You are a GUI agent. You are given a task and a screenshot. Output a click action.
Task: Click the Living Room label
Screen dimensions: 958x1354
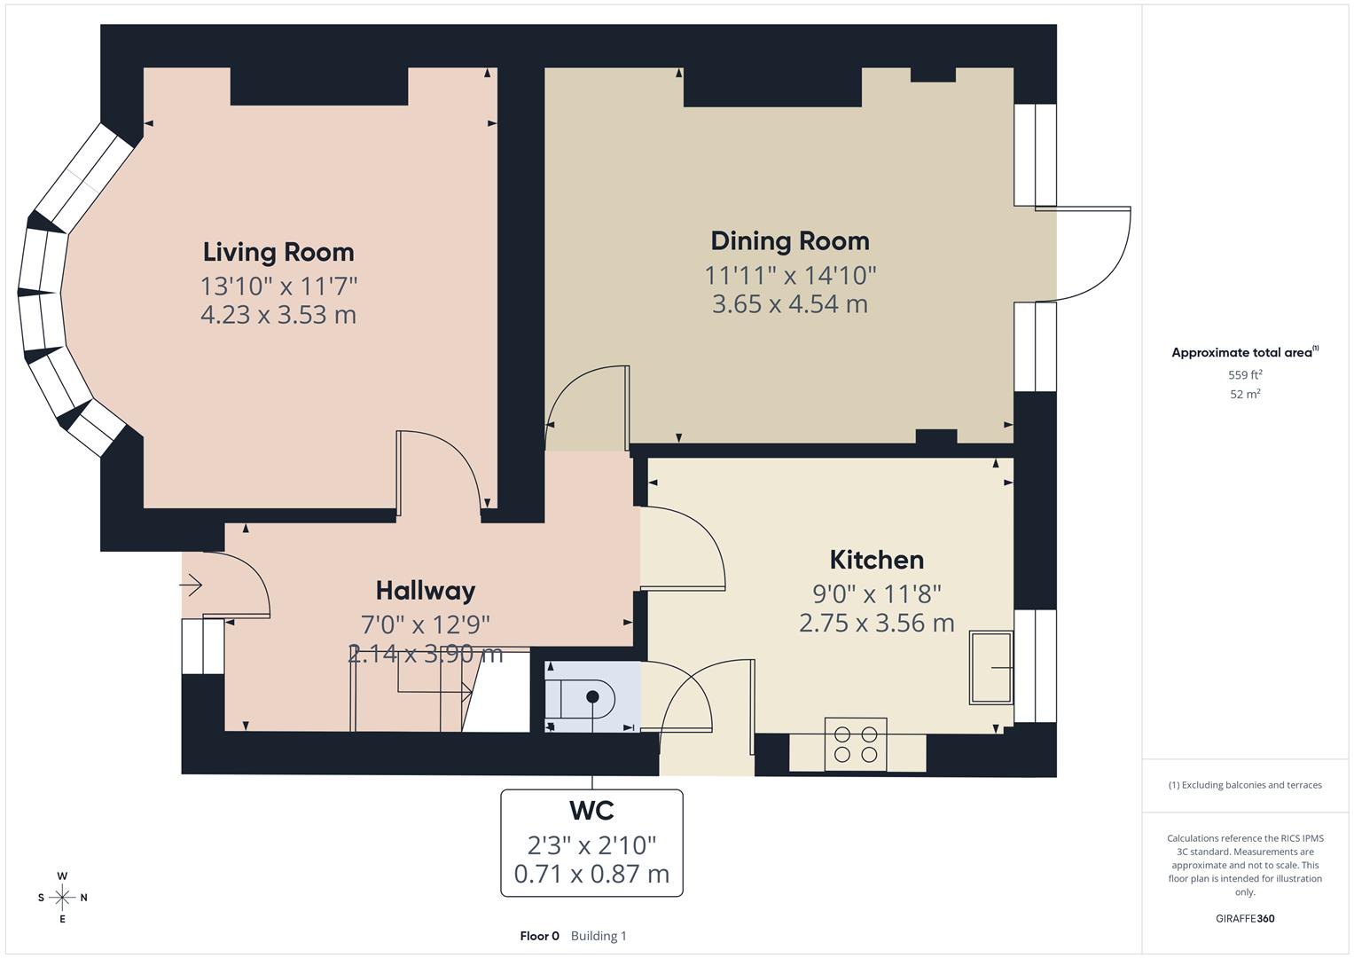[x=278, y=252]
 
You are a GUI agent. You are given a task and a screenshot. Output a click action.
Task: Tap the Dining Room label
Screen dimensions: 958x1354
[x=789, y=241]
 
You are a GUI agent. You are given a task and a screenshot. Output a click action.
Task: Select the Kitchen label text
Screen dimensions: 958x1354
[x=876, y=560]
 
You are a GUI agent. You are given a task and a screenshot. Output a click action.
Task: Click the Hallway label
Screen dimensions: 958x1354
[x=425, y=591]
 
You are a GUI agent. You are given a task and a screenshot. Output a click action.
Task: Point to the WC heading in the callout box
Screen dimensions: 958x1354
[x=591, y=811]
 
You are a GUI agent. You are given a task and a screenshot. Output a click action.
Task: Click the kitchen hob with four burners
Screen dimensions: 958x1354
[x=856, y=744]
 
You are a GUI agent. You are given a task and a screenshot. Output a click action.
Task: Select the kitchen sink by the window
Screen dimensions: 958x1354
[x=990, y=667]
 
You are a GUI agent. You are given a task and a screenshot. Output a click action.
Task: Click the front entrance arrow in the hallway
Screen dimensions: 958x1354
[x=192, y=585]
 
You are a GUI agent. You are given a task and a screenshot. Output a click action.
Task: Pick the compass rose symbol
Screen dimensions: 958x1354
[x=62, y=898]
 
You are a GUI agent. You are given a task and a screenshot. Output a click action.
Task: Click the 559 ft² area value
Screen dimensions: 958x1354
[x=1245, y=375]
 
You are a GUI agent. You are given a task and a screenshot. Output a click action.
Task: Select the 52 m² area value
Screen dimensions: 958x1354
[x=1245, y=395]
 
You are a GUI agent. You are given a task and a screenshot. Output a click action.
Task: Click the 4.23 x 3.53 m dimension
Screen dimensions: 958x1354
[x=278, y=315]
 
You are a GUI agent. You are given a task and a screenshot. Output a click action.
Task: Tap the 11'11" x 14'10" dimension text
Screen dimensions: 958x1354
[x=789, y=276]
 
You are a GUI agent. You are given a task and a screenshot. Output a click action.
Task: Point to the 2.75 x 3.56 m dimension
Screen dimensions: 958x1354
[x=876, y=624]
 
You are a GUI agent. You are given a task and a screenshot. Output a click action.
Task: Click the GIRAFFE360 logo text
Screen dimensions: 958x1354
[x=1245, y=918]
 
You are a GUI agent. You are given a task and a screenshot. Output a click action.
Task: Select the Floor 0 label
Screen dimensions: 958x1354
[x=539, y=936]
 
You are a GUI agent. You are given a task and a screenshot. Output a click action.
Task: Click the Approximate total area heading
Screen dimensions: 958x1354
[x=1243, y=353]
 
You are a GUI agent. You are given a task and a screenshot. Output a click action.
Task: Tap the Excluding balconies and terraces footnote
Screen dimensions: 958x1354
[x=1245, y=785]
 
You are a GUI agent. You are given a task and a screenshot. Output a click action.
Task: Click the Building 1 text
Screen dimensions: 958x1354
[x=599, y=936]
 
